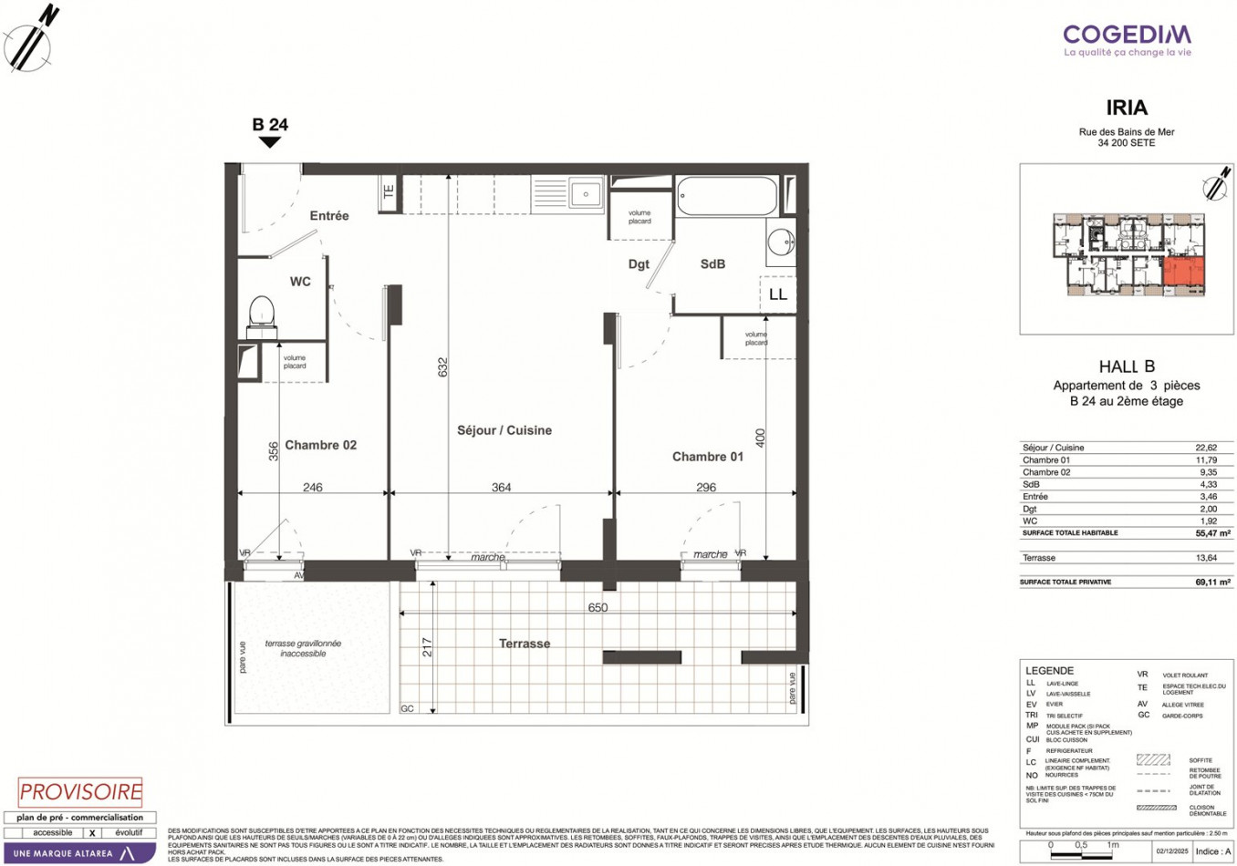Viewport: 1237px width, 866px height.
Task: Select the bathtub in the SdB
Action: click(x=727, y=196)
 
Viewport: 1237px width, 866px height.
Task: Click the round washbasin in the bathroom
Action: click(x=781, y=242)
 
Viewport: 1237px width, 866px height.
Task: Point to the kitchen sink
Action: click(x=585, y=194)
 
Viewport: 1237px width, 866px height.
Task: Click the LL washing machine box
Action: click(x=777, y=294)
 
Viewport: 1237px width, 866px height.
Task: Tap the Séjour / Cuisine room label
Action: click(x=504, y=430)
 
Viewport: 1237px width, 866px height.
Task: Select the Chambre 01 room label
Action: click(x=707, y=457)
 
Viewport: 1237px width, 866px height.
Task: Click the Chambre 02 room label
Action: click(x=320, y=445)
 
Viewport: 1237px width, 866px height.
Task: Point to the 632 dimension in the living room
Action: click(x=443, y=366)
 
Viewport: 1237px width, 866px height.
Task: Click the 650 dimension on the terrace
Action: click(x=598, y=608)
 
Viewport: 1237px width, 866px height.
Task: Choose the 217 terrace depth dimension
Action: click(x=427, y=647)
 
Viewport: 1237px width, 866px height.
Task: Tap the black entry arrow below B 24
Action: click(x=270, y=142)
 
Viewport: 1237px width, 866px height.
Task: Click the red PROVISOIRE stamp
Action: click(x=80, y=792)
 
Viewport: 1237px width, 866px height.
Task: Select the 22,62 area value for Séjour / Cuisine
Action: click(x=1205, y=448)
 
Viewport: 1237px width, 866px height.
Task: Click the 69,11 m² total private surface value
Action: click(x=1212, y=582)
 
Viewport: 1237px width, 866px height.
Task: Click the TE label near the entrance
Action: click(x=389, y=192)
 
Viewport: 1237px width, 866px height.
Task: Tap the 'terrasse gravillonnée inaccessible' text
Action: click(x=303, y=648)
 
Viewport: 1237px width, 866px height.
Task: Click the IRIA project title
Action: click(x=1127, y=108)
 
